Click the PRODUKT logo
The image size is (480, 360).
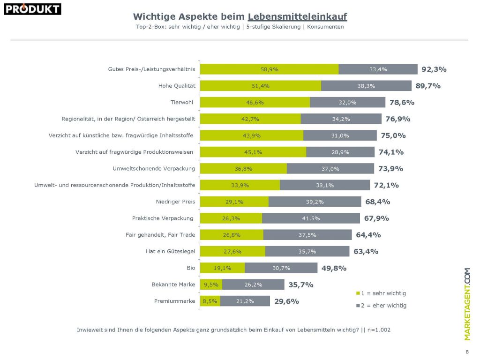tap(33, 9)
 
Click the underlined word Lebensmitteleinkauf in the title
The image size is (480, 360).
tap(297, 17)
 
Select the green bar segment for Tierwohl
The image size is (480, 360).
tap(255, 102)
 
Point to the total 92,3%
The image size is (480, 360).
tap(434, 69)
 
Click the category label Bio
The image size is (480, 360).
tap(191, 268)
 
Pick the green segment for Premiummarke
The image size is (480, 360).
tap(210, 301)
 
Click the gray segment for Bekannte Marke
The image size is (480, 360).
tap(253, 285)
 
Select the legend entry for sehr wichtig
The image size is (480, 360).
tap(381, 293)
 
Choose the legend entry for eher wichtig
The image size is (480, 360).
tap(381, 306)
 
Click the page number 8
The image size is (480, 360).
tap(466, 352)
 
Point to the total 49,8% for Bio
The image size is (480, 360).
tap(334, 268)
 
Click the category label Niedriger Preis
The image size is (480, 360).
tap(175, 202)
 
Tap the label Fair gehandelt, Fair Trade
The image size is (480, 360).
tap(160, 235)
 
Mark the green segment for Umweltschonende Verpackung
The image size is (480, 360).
tap(243, 169)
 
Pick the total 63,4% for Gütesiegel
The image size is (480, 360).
tap(366, 252)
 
